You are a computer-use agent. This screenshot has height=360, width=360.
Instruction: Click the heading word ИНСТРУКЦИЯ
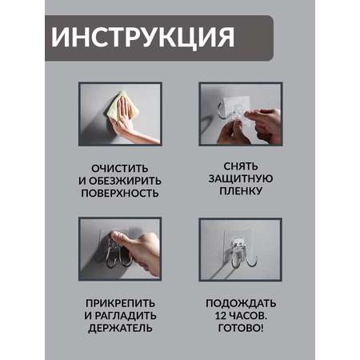click(x=142, y=37)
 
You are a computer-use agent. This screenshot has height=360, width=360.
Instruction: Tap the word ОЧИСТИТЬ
click(x=120, y=169)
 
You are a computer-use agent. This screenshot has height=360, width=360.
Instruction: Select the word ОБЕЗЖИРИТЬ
click(x=125, y=181)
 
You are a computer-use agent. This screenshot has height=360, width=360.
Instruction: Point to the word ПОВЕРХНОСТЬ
click(x=120, y=193)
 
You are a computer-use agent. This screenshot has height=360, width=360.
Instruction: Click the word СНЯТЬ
click(x=241, y=166)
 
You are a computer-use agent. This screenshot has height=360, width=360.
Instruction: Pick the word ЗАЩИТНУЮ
click(x=241, y=178)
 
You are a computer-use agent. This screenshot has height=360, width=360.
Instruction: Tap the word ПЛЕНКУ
click(x=241, y=191)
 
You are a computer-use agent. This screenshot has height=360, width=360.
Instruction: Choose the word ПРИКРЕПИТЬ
click(x=120, y=303)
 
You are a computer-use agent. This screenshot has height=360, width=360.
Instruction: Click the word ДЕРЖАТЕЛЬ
click(x=120, y=328)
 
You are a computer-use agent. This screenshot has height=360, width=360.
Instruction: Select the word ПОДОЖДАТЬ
click(x=241, y=303)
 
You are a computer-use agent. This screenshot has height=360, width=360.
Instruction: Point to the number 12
click(x=220, y=316)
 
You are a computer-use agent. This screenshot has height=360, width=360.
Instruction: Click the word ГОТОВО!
click(x=241, y=328)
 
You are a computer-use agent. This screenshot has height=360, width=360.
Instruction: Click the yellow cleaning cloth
click(x=122, y=106)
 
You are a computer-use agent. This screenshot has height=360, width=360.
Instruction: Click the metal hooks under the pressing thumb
click(x=118, y=254)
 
